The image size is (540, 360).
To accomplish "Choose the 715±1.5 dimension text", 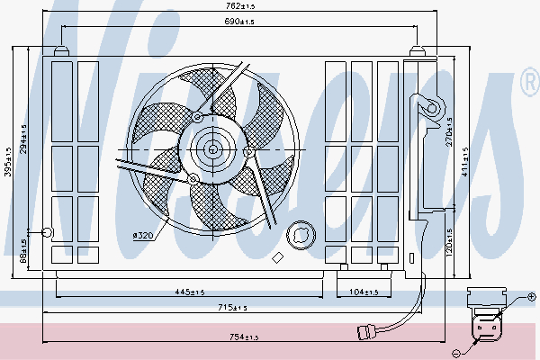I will [231, 309].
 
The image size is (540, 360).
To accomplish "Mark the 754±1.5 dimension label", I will [242, 337].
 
